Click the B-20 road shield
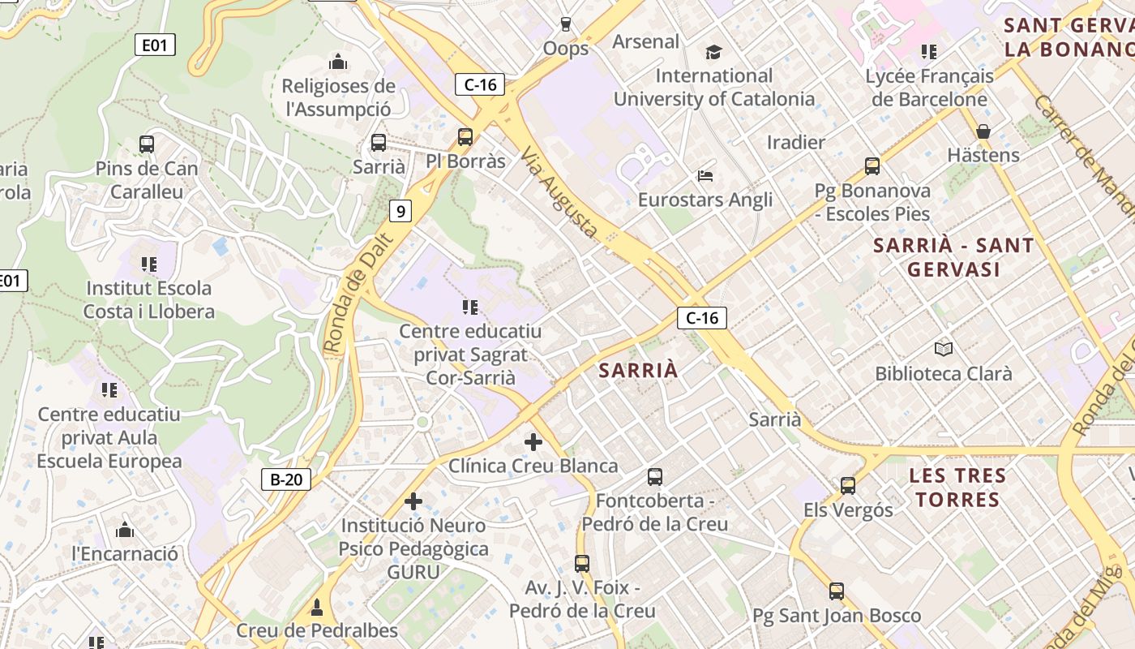286,479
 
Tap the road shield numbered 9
400,212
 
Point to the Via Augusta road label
560,193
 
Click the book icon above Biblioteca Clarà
943,349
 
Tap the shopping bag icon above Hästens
983,131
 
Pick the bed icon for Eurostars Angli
705,176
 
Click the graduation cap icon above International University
713,53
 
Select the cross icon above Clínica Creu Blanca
533,442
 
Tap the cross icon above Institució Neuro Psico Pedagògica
413,501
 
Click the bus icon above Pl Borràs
465,137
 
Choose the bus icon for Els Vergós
848,486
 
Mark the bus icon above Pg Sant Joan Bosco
837,591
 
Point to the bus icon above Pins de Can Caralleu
147,144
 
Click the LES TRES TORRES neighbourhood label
957,487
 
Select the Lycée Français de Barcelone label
929,88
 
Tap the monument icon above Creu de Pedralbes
317,607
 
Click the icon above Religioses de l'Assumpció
338,62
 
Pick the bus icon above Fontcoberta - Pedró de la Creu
655,477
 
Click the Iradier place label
795,143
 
